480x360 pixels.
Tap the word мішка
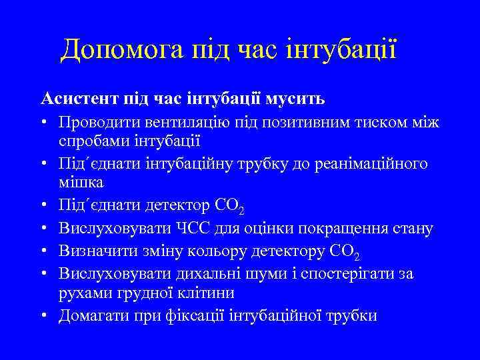(x=81, y=181)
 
